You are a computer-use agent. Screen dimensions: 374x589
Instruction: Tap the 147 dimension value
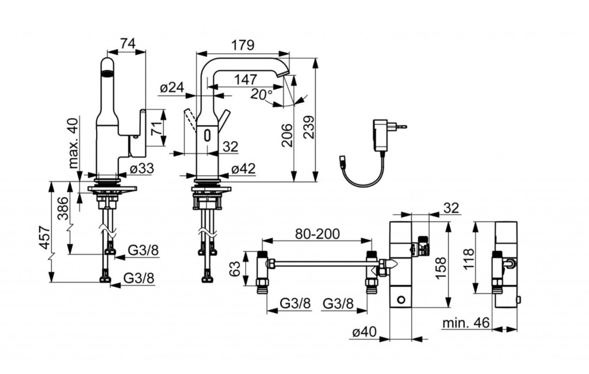click(x=246, y=79)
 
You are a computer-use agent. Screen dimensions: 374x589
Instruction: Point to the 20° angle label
click(x=262, y=94)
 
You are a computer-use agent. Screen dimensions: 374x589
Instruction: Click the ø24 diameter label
click(x=172, y=87)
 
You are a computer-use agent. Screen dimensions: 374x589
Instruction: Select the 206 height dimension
click(x=287, y=135)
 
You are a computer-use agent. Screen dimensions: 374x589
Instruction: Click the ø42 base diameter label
click(x=243, y=169)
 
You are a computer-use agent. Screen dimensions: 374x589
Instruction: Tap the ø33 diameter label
click(x=141, y=169)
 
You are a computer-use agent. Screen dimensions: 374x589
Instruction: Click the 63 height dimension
click(x=235, y=268)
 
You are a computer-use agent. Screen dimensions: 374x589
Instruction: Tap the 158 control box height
click(x=441, y=267)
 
